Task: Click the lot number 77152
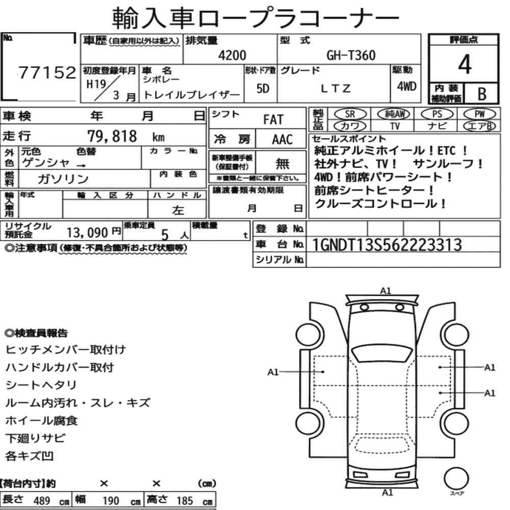47,72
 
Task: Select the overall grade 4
465,64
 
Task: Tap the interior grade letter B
482,94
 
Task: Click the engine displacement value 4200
232,55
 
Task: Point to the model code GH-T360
351,55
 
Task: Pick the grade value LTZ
336,88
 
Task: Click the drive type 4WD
406,87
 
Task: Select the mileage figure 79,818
112,136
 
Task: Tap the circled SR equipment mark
350,114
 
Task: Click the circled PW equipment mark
480,114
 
